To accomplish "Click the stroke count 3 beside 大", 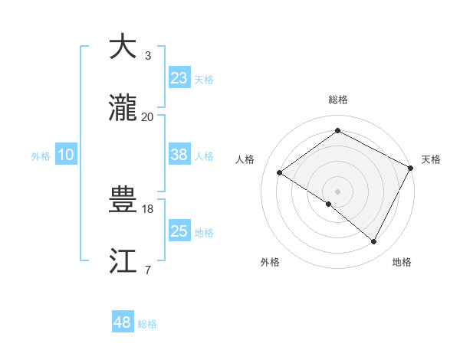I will pyautogui.click(x=148, y=56).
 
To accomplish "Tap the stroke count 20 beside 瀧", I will pyautogui.click(x=148, y=116).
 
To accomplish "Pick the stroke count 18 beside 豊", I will pyautogui.click(x=148, y=208).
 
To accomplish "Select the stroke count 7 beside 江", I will pyautogui.click(x=148, y=270).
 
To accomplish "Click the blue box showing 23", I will pyautogui.click(x=179, y=77).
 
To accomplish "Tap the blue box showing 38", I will pyautogui.click(x=179, y=155).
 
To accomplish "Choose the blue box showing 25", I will pyautogui.click(x=179, y=231).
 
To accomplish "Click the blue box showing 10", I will pyautogui.click(x=66, y=155).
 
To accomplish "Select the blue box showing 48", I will pyautogui.click(x=123, y=322).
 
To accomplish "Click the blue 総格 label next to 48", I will pyautogui.click(x=148, y=324).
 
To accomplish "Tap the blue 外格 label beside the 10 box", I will pyautogui.click(x=41, y=156).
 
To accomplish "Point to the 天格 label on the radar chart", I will pyautogui.click(x=431, y=159).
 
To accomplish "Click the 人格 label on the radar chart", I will pyautogui.click(x=245, y=159).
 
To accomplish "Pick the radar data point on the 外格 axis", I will pyautogui.click(x=328, y=204).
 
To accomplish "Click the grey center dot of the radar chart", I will pyautogui.click(x=337, y=191).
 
